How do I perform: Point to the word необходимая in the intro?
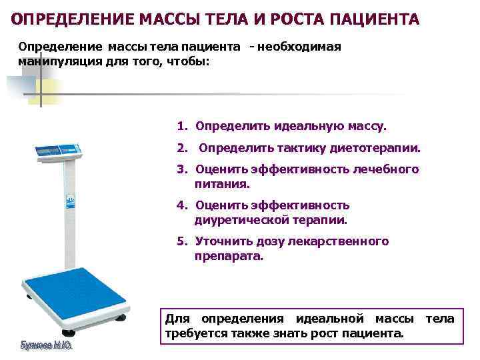click(299, 47)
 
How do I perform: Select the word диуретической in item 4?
click(236, 219)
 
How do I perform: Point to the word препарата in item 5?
click(229, 255)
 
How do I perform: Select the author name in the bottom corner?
click(45, 347)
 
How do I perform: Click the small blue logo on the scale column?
click(69, 199)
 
